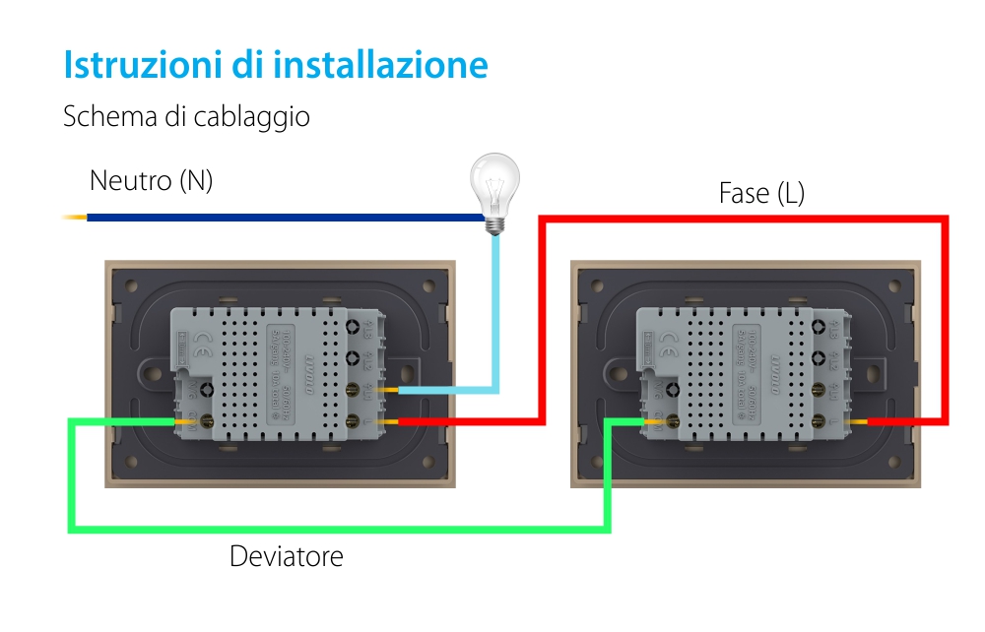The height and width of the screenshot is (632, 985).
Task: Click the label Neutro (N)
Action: (151, 181)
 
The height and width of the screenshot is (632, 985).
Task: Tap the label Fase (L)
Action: (761, 193)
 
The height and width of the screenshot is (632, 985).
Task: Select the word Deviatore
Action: (286, 556)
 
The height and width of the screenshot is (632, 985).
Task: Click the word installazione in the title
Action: (380, 65)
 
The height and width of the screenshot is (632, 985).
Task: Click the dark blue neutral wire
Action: (276, 217)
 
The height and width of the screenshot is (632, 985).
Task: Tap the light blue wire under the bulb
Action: (496, 315)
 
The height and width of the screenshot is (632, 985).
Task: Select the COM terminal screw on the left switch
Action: (208, 420)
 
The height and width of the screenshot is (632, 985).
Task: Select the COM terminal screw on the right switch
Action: (674, 420)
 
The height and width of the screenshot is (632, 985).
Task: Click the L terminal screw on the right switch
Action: (820, 421)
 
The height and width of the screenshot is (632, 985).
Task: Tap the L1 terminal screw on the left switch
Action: (354, 391)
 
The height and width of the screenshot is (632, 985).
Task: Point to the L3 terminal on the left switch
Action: (354, 328)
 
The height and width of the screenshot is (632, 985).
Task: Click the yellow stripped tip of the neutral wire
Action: (74, 217)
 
